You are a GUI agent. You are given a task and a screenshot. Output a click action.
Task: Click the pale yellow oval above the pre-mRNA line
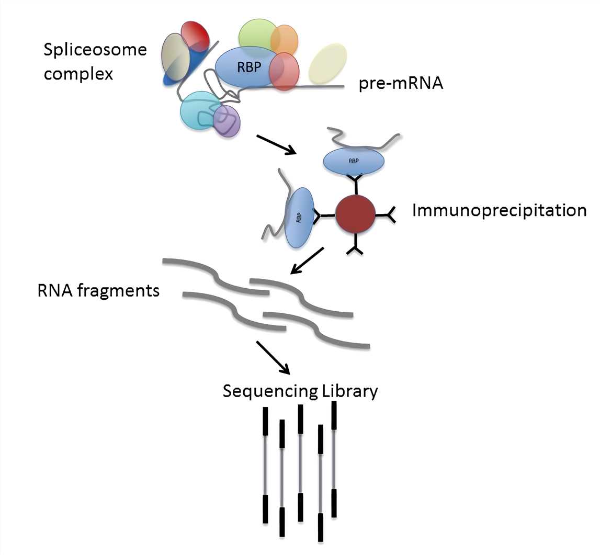click(327, 64)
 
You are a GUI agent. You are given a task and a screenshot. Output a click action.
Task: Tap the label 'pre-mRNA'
click(401, 84)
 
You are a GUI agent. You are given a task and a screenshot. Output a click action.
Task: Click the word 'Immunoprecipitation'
click(499, 210)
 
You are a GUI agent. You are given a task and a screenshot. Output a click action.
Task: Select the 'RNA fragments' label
click(98, 290)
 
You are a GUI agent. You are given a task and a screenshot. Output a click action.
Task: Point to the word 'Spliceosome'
click(95, 51)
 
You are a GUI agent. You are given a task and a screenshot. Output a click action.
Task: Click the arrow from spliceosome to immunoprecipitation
click(276, 145)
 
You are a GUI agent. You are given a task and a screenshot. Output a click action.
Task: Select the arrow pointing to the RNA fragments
click(307, 260)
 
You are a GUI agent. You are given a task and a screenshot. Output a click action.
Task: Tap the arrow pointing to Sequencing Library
click(273, 358)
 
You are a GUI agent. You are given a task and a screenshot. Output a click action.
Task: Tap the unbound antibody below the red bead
click(356, 247)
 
